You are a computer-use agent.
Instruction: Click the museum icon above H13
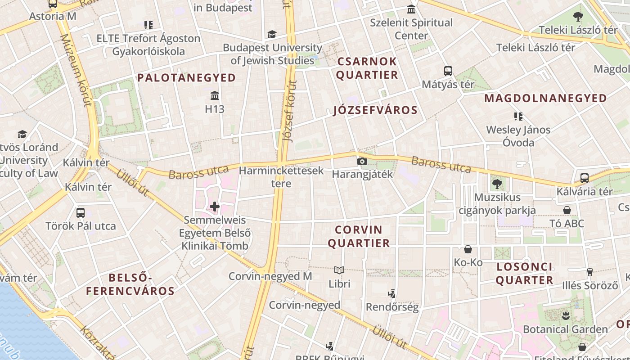[215, 96]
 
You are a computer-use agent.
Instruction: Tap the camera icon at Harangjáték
[362, 161]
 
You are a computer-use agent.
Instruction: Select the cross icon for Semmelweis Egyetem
[215, 207]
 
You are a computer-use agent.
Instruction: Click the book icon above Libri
[339, 270]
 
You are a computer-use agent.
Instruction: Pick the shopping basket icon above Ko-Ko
[468, 249]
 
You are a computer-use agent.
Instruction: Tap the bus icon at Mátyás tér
[448, 71]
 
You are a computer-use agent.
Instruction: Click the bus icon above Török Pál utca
[81, 213]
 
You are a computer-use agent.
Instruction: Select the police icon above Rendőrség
[391, 294]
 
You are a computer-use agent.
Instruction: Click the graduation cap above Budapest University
[272, 34]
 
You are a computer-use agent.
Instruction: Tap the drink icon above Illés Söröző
[590, 272]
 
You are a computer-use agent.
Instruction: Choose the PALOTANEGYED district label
[187, 78]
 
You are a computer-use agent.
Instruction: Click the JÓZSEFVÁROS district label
[375, 110]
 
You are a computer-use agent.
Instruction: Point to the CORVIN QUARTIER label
[359, 237]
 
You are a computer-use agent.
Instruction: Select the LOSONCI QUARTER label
[525, 273]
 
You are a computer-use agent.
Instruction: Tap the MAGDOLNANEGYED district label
[545, 98]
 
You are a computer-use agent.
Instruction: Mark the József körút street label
[290, 110]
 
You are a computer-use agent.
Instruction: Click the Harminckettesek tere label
[281, 177]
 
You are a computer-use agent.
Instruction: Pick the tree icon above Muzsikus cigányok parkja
[497, 184]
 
